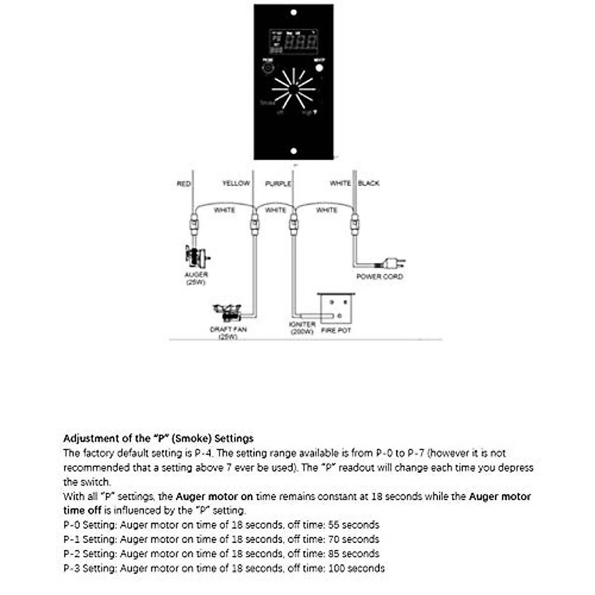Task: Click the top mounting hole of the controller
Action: (x=294, y=12)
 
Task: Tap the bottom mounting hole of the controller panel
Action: (x=294, y=151)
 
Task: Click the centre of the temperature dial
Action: (x=294, y=89)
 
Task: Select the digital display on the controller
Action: (x=293, y=43)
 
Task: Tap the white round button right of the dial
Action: (x=319, y=67)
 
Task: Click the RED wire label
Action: (x=183, y=184)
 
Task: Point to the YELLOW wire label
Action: (x=236, y=183)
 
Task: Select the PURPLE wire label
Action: (x=278, y=184)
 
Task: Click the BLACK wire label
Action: (x=368, y=183)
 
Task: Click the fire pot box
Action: (x=336, y=308)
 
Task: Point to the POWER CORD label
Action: (x=379, y=277)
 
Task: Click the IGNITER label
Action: (x=302, y=324)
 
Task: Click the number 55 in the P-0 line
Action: (x=334, y=525)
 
